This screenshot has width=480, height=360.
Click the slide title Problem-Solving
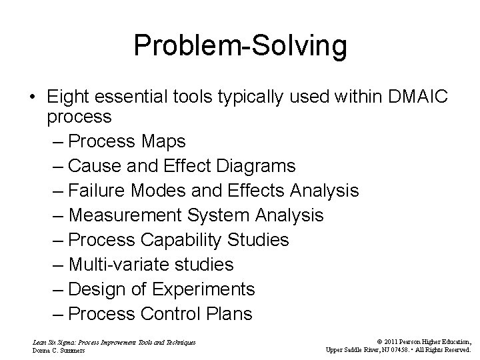tap(240, 45)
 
